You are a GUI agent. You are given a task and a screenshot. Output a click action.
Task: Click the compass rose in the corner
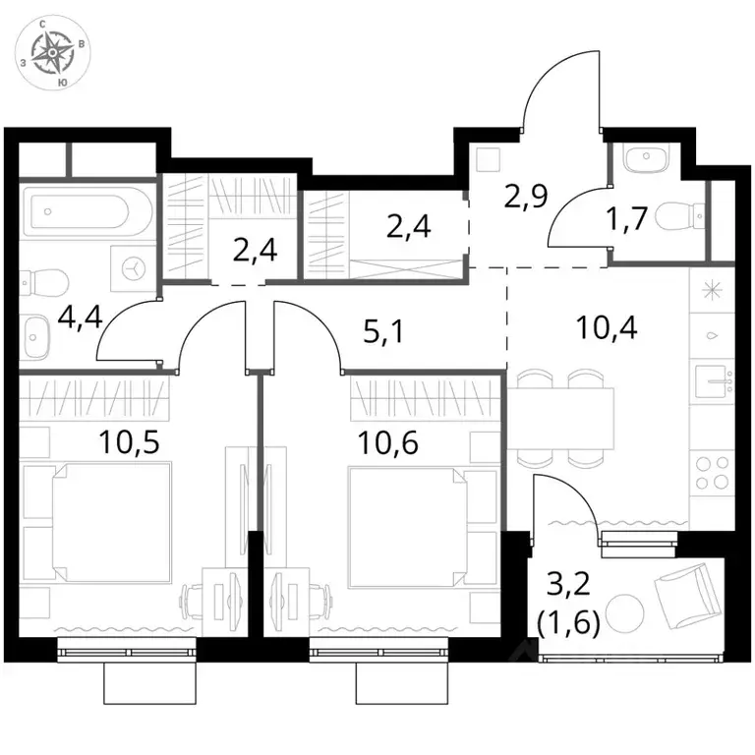click(x=52, y=52)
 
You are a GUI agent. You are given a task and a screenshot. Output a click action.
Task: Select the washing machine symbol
click(x=134, y=268)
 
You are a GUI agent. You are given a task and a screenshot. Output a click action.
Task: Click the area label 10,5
click(x=129, y=442)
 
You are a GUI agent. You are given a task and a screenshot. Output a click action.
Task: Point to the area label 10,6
click(x=387, y=442)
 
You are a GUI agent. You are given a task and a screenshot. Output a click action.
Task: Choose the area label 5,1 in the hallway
click(x=382, y=332)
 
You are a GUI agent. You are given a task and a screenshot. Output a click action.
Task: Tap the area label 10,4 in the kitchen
click(x=607, y=327)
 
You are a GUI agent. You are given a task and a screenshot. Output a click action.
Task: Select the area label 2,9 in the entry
click(x=526, y=195)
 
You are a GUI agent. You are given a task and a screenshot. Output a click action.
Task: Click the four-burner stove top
click(x=712, y=472)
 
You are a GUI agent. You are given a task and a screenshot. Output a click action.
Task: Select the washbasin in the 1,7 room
click(x=645, y=158)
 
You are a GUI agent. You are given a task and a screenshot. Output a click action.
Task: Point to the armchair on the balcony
click(x=687, y=597)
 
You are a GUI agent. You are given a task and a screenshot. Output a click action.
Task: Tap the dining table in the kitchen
click(x=560, y=418)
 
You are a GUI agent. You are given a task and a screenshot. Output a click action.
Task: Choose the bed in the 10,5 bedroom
click(x=111, y=523)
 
